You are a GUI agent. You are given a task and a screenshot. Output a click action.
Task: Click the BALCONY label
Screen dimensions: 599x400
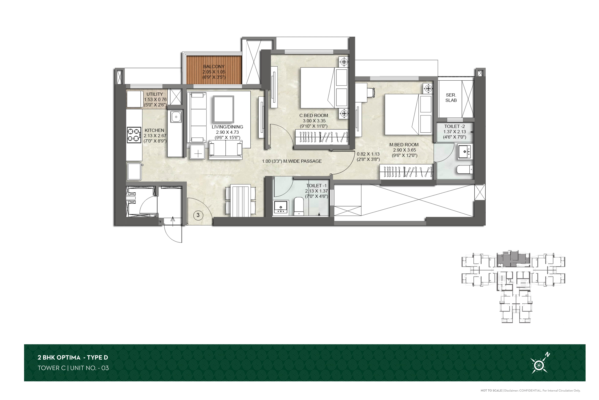(214, 67)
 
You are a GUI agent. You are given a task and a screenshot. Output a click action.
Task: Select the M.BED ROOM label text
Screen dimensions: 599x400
(404, 145)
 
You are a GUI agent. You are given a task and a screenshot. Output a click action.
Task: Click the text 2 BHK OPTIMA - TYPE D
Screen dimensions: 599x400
(73, 357)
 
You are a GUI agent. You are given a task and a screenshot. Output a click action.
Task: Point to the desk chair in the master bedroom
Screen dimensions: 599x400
(371, 92)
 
